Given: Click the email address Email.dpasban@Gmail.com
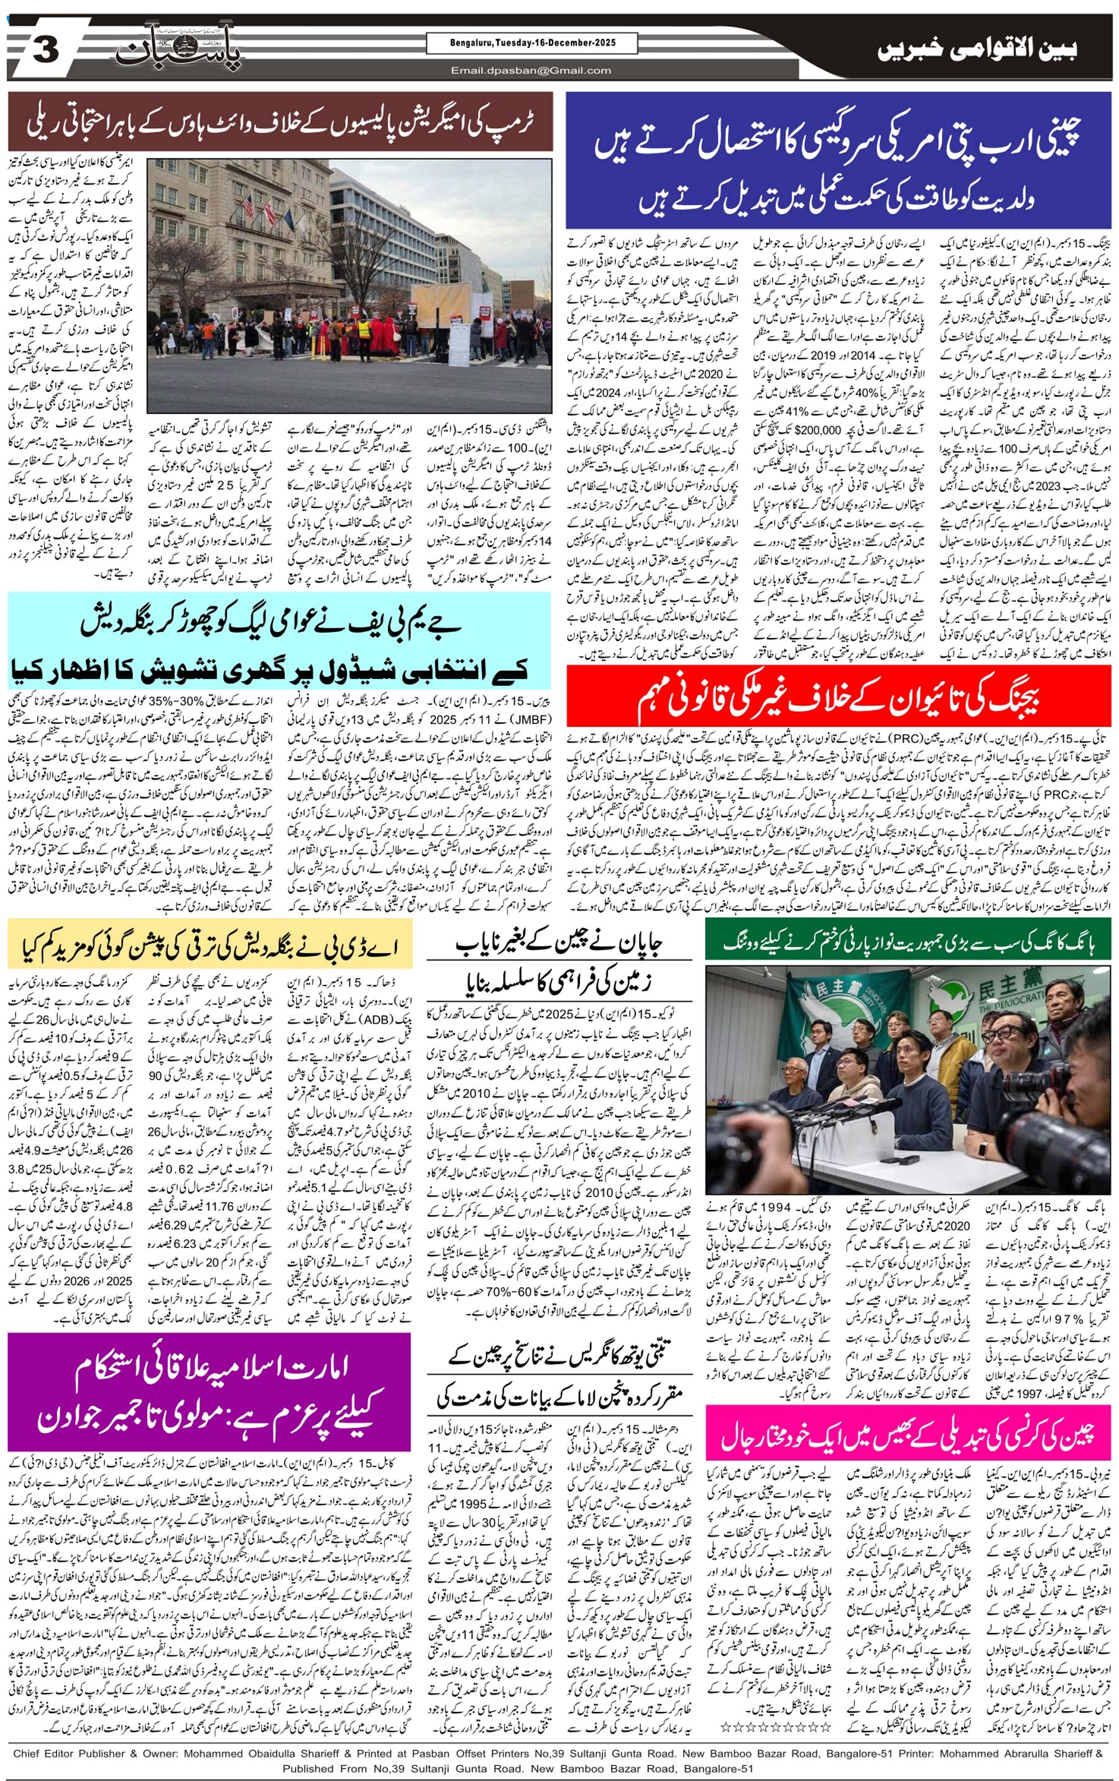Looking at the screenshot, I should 532,71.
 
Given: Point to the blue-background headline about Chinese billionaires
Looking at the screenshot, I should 838,160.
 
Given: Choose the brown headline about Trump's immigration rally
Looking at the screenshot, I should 280,121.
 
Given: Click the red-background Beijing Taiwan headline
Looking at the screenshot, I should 838,696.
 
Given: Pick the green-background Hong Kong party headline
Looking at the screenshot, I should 908,941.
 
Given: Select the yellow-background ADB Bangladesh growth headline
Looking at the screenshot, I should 210,942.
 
